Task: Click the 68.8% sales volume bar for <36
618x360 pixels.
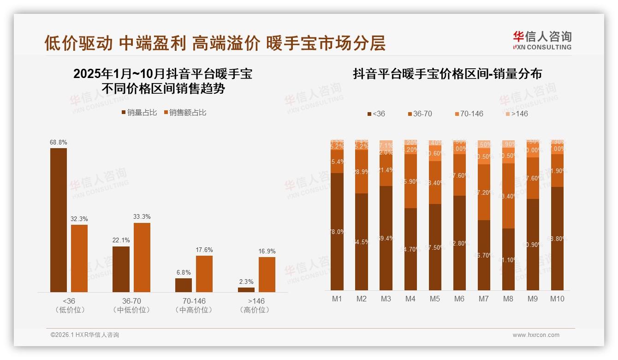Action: (59, 220)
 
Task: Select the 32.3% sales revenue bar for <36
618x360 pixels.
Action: (79, 258)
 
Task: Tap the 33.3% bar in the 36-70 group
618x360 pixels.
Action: (142, 258)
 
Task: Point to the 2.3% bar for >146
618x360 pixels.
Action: (246, 290)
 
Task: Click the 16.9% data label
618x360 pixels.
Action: (267, 252)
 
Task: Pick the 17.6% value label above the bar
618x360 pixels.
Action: (204, 250)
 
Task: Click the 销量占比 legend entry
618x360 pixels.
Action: (139, 112)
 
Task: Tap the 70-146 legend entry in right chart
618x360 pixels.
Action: (469, 114)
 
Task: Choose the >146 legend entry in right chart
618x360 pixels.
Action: (517, 114)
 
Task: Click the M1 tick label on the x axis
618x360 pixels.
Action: (337, 299)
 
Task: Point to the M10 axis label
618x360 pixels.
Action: (557, 299)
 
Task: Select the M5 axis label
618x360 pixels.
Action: (435, 299)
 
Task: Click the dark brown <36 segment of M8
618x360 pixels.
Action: (508, 259)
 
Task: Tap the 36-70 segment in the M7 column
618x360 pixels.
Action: (484, 192)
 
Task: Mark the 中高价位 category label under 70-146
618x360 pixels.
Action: (194, 310)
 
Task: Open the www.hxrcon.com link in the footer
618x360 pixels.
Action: (536, 335)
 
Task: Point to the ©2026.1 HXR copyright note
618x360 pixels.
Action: (85, 335)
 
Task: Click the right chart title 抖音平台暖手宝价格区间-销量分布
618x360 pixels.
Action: (447, 74)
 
